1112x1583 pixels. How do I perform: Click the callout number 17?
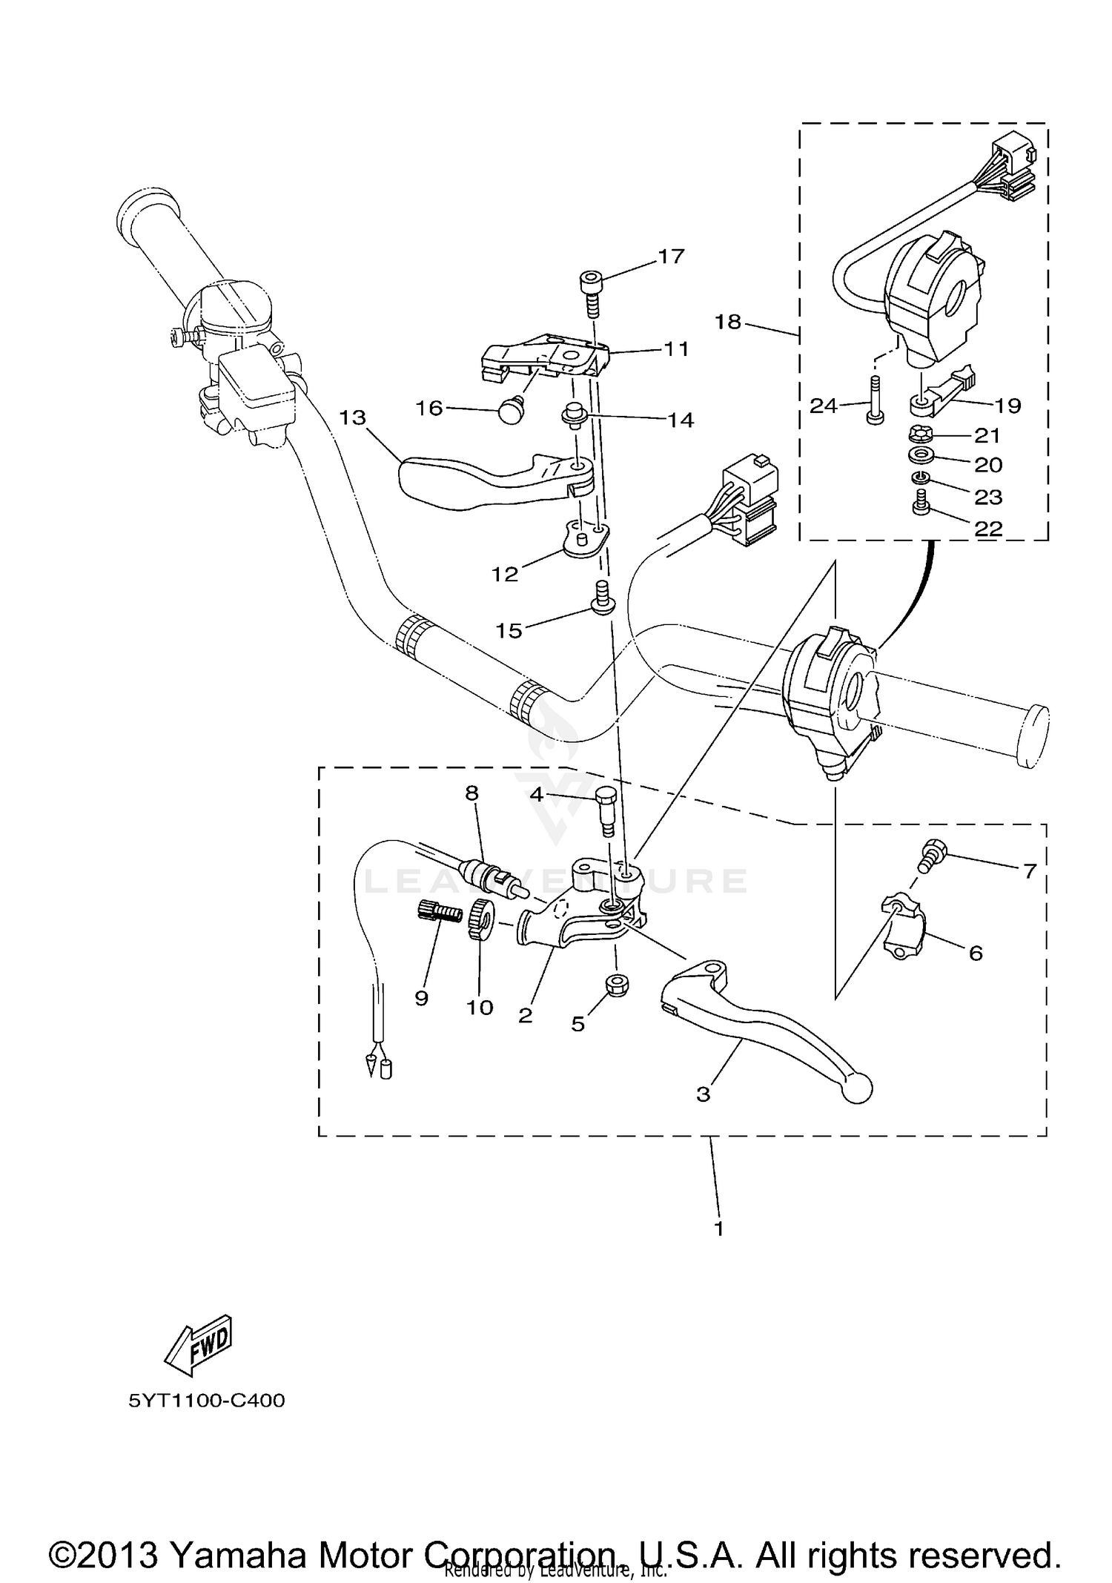[671, 257]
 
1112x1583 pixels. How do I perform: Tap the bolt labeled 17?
[590, 294]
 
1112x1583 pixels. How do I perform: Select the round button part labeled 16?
[508, 410]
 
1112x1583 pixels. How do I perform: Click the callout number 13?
[353, 417]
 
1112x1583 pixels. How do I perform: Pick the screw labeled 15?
[602, 598]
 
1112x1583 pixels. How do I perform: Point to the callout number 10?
[480, 1008]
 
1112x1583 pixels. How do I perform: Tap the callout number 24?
[823, 406]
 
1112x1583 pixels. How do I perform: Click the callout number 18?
[728, 322]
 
